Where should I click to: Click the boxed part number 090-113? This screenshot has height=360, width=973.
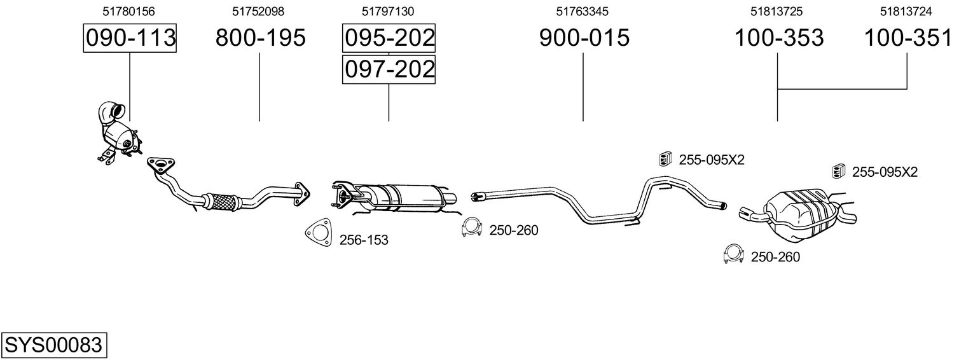pos(130,38)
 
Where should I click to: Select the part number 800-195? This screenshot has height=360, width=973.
pos(261,38)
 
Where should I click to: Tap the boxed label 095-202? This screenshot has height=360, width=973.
pos(389,38)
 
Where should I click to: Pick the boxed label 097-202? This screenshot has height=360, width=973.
pos(389,69)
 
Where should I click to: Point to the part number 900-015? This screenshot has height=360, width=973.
pos(584,38)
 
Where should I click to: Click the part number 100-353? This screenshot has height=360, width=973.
pos(779,38)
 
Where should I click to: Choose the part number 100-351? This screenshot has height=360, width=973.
pos(908,38)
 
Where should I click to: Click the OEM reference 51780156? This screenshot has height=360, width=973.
pos(128,11)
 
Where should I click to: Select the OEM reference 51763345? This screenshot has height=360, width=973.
pos(582,11)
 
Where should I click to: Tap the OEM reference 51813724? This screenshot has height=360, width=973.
pos(906,11)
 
